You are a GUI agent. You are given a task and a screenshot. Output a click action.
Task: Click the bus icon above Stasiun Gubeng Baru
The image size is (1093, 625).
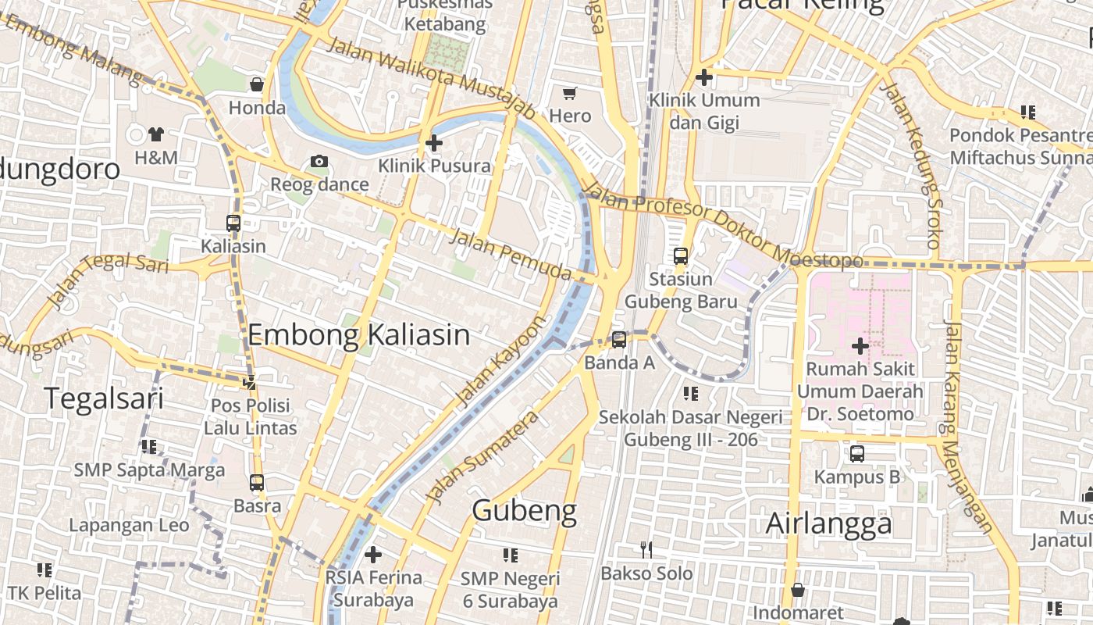[681, 255]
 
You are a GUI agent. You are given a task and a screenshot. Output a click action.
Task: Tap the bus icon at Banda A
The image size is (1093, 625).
[619, 339]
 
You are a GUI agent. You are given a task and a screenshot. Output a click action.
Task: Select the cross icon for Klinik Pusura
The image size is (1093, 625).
[434, 143]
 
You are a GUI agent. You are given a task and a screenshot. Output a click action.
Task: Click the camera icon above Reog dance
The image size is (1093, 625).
[319, 162]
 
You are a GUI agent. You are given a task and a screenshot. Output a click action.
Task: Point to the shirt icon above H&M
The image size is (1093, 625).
[156, 134]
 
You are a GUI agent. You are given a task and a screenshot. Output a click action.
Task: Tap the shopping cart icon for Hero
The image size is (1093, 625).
[570, 94]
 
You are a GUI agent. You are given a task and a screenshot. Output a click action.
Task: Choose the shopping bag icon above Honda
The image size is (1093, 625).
[257, 84]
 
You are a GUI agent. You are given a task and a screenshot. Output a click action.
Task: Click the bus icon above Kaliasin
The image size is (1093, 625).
[233, 223]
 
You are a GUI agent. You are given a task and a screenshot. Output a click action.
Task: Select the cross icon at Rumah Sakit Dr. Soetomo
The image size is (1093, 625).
[860, 345]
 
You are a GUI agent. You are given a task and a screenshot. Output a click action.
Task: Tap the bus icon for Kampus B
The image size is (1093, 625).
[857, 453]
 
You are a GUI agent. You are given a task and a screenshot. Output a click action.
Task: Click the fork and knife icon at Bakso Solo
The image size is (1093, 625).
[646, 550]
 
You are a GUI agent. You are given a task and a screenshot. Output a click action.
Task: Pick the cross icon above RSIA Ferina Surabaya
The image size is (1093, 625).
[373, 555]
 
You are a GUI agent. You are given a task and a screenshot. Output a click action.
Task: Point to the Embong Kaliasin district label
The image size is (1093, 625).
[358, 335]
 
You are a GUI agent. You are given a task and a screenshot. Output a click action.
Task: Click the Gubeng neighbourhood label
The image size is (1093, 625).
[524, 511]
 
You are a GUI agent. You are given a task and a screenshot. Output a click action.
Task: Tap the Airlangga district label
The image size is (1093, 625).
[828, 523]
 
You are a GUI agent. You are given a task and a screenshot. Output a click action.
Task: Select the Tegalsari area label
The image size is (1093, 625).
[103, 398]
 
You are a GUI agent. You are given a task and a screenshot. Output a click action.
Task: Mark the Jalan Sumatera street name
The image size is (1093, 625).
[482, 458]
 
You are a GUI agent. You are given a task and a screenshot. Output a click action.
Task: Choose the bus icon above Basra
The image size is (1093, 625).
[257, 483]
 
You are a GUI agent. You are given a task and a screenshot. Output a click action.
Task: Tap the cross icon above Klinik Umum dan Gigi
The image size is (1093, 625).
[704, 77]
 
